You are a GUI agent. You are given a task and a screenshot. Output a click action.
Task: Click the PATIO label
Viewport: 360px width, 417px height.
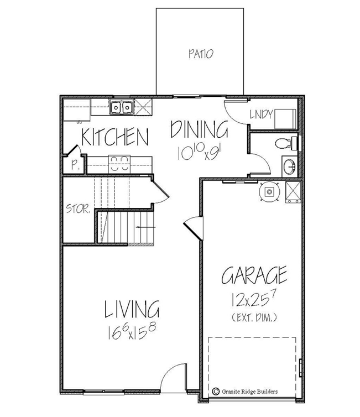click(x=200, y=54)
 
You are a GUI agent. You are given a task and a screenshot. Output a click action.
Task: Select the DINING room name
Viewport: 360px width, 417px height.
click(x=199, y=130)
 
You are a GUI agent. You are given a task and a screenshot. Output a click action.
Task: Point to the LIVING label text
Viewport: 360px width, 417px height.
click(x=132, y=310)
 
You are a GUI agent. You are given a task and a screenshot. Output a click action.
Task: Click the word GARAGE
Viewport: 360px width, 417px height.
click(x=254, y=275)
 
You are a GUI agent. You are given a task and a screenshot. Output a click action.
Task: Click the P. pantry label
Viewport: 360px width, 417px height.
click(x=74, y=164)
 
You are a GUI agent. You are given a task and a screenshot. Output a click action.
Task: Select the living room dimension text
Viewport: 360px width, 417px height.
click(x=132, y=332)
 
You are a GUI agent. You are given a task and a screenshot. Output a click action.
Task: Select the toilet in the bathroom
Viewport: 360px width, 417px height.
click(x=286, y=144)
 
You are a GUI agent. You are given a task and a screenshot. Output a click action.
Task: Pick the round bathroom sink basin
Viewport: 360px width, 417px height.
click(x=289, y=165)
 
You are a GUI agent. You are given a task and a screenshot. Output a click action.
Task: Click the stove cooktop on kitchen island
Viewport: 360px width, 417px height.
click(x=117, y=161)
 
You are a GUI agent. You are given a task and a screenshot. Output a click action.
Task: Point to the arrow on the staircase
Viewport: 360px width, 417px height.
click(x=144, y=227)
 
